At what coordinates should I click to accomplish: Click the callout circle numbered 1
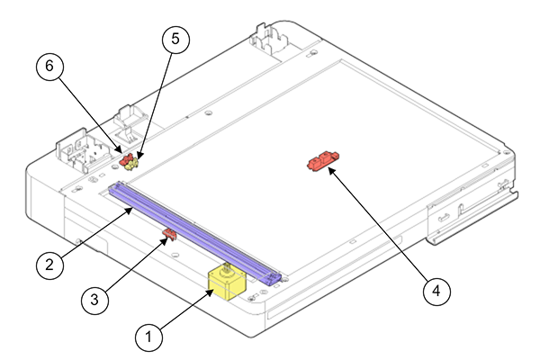click(x=149, y=337)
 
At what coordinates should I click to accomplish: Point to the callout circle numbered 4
click(x=436, y=291)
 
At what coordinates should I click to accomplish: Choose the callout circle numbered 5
click(x=176, y=39)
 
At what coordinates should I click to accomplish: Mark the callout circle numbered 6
click(x=50, y=66)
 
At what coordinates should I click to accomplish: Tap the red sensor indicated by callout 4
click(x=321, y=162)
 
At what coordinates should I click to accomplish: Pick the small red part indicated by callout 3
click(x=168, y=235)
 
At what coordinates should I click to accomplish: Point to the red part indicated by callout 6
click(x=126, y=158)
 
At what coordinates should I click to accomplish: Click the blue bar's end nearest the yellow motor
click(x=272, y=276)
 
